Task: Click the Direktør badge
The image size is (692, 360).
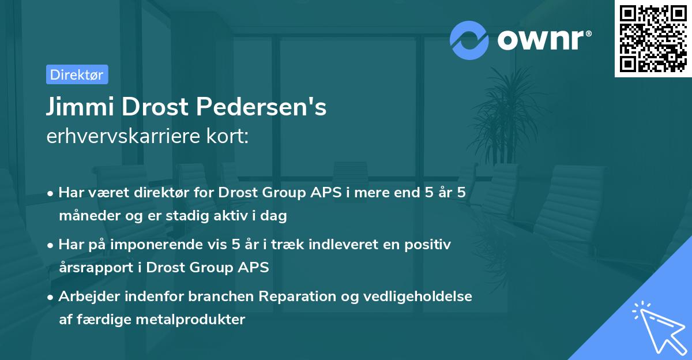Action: [77, 74]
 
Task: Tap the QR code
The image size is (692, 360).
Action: [653, 39]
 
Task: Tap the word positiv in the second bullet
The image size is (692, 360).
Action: [426, 245]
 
